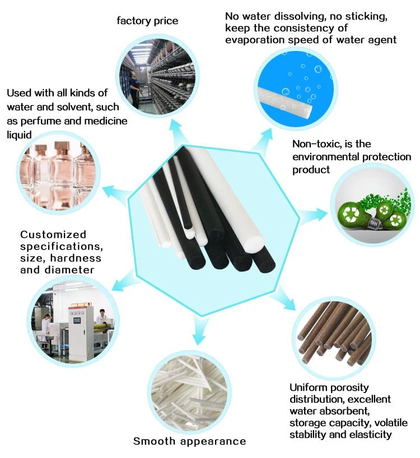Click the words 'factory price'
pos(147,21)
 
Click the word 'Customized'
pos(53,235)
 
